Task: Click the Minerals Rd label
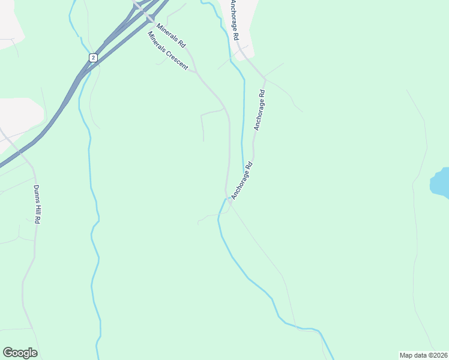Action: coord(172,36)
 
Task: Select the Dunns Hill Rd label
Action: coord(36,204)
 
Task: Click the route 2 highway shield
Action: coord(92,57)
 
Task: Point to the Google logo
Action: coord(20,353)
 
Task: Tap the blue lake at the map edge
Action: coord(441,183)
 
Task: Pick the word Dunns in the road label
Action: coord(35,192)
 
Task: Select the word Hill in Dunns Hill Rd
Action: coord(36,206)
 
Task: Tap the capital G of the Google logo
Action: coord(8,352)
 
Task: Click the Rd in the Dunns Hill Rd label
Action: coord(37,220)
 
